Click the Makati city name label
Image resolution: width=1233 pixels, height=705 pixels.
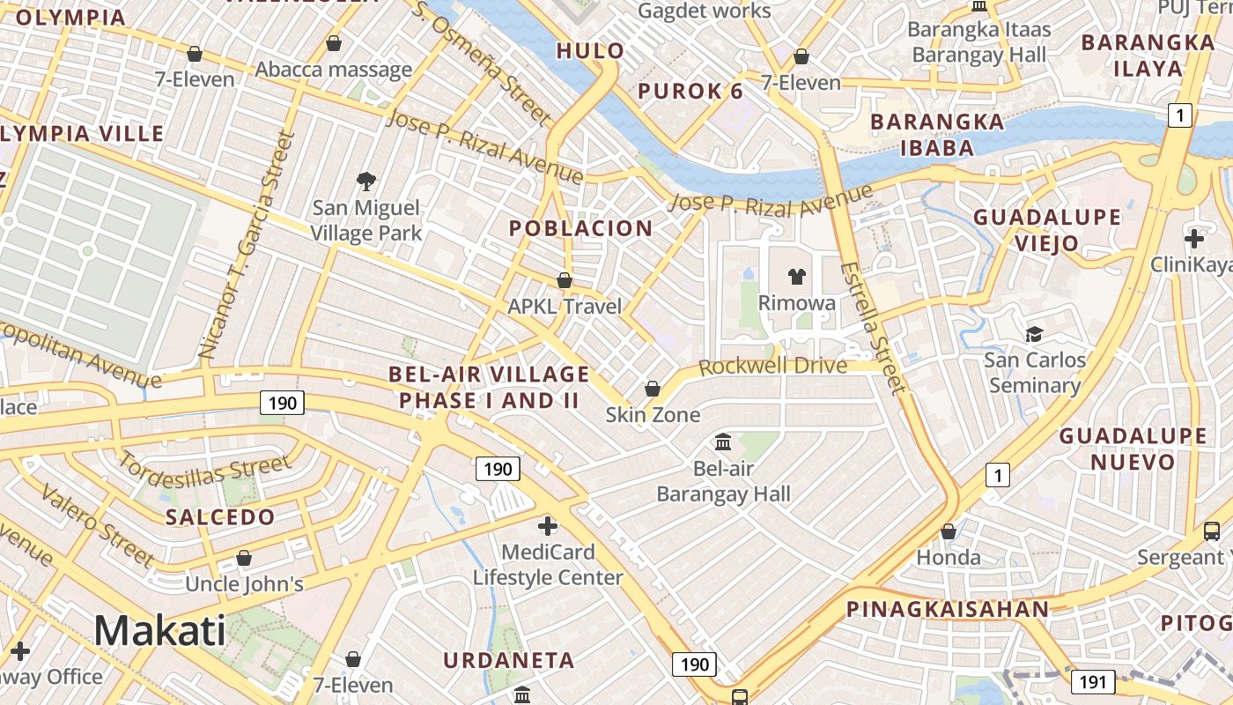(x=159, y=631)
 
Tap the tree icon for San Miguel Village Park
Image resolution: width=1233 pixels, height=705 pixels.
(x=366, y=182)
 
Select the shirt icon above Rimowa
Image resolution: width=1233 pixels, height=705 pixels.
(x=797, y=277)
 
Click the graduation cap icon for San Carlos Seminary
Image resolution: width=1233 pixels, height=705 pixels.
(x=1034, y=334)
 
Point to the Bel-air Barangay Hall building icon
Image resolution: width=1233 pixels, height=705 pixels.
(x=723, y=442)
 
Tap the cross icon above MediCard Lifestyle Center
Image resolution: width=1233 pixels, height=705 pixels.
(x=548, y=526)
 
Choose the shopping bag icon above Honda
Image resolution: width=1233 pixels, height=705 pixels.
(x=949, y=531)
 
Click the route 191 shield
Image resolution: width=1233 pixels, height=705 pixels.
(x=1093, y=681)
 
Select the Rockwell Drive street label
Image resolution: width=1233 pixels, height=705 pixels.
(x=772, y=366)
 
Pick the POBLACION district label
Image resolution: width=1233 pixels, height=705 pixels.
(x=581, y=228)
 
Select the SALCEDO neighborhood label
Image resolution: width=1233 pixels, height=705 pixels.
(x=220, y=517)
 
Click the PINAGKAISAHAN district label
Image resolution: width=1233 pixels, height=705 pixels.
(x=948, y=609)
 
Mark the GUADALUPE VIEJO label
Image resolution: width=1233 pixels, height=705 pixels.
(x=1047, y=229)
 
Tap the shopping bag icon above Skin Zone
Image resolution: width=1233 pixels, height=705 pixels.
(x=653, y=389)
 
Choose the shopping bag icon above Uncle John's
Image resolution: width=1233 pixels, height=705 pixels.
(x=244, y=558)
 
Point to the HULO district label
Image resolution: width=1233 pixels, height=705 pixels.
(x=590, y=51)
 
